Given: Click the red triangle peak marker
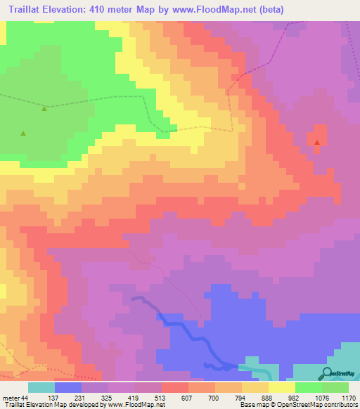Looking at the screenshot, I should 317,143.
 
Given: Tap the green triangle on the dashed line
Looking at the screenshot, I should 44,108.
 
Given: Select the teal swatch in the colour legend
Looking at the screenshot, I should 41,387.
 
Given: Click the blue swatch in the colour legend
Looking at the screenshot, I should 67,387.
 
